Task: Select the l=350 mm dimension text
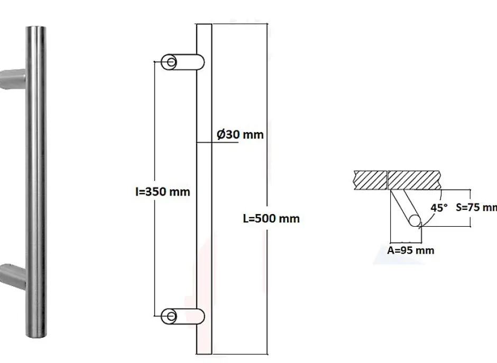[162, 191]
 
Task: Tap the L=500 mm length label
[271, 218]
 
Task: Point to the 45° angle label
[439, 208]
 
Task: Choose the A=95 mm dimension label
[411, 250]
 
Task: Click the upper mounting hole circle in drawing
[171, 62]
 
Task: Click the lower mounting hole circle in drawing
[171, 316]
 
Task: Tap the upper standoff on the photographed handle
[12, 78]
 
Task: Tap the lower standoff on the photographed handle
[12, 276]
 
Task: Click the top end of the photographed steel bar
[34, 27]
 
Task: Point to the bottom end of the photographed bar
[34, 333]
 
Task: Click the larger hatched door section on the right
[415, 180]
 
